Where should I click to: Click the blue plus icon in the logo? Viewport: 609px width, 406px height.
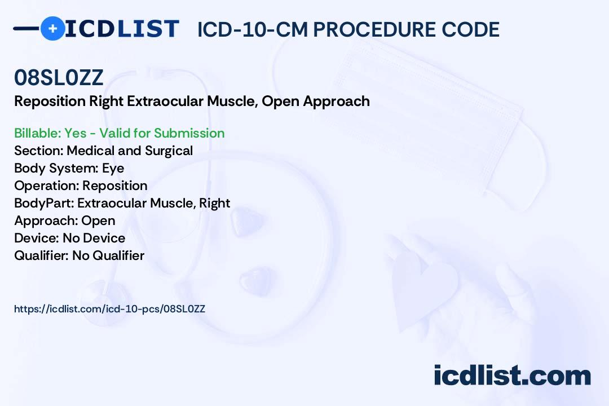point(52,29)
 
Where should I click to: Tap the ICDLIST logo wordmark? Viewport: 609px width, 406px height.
point(122,29)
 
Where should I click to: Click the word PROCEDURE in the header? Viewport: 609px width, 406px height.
point(374,29)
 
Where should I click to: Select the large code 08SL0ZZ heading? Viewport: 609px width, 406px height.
point(59,77)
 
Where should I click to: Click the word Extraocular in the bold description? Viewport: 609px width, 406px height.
point(165,101)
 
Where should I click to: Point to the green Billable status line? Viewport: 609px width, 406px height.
point(119,133)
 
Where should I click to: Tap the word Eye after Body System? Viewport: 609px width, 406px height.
point(113,168)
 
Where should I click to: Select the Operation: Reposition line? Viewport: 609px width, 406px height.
point(81,186)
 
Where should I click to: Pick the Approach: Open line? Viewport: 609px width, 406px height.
point(64,220)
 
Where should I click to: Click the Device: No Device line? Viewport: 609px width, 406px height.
point(69,238)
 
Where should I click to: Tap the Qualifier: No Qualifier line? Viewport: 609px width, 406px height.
point(80,255)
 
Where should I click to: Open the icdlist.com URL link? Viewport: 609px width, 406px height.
point(109,309)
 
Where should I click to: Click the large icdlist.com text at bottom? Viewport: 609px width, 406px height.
point(512,375)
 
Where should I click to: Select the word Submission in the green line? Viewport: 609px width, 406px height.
point(189,133)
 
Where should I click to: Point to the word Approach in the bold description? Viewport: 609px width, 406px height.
point(336,101)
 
